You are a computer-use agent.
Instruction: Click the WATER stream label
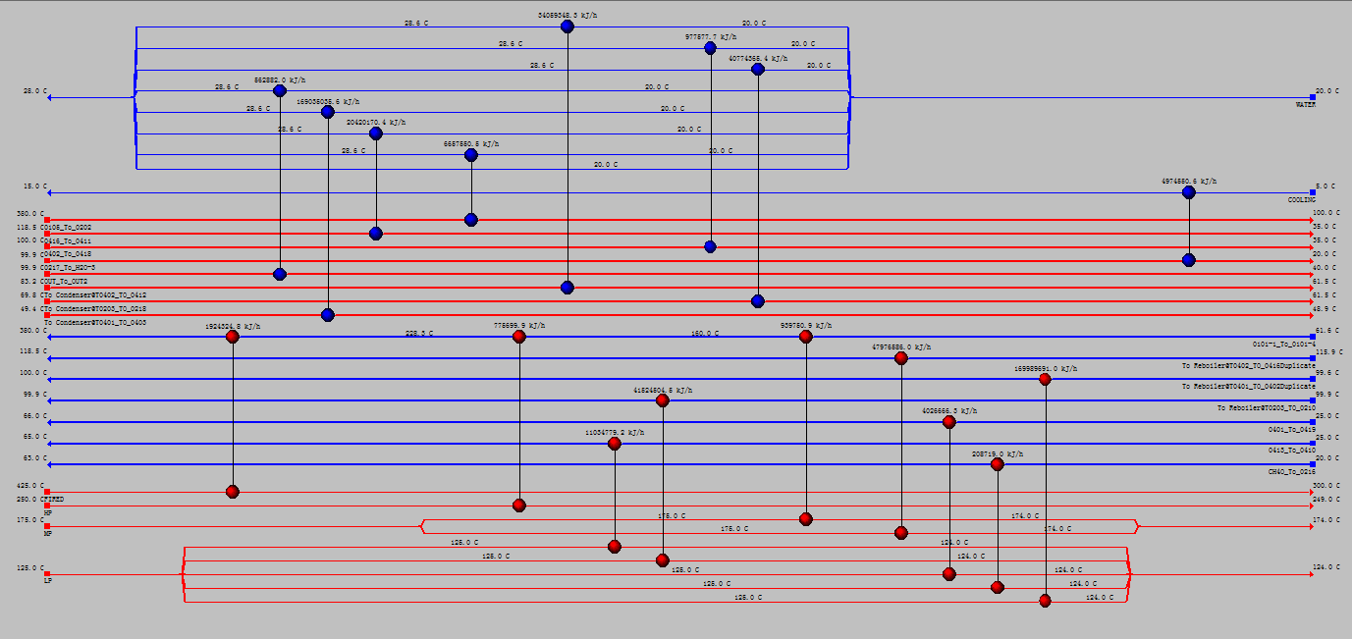click(x=1305, y=104)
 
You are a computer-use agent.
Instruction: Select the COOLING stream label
click(x=1301, y=199)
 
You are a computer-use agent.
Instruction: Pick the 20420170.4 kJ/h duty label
click(x=375, y=123)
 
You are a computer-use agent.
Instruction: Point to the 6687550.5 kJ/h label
click(x=470, y=143)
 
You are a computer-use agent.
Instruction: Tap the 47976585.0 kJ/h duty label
click(x=900, y=347)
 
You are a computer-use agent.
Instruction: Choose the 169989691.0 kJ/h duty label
click(x=1045, y=369)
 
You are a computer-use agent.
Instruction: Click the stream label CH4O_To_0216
click(x=1290, y=472)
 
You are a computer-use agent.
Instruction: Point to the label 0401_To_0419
click(x=1291, y=429)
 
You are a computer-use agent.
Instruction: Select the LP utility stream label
click(x=47, y=580)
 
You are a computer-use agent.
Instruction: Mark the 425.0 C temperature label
click(x=29, y=485)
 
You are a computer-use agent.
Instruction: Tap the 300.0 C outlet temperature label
click(x=1325, y=486)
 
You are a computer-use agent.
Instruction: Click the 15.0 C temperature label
click(x=34, y=186)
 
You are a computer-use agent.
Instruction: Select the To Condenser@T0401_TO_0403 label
click(x=96, y=322)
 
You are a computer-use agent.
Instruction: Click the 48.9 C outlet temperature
click(x=1325, y=308)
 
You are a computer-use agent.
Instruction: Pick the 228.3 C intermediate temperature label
click(x=419, y=334)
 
